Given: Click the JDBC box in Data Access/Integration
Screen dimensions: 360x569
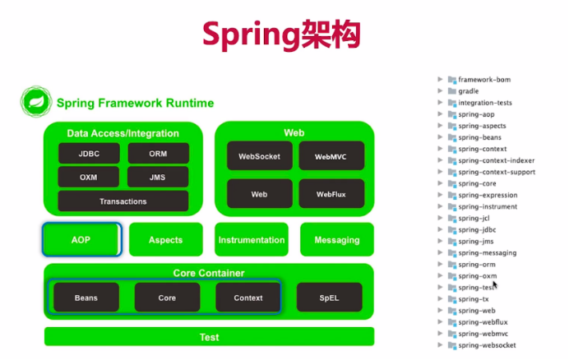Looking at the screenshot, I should pos(89,154).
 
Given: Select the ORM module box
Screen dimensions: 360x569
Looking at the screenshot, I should pos(158,154).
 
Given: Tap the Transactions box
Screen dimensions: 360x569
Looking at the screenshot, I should pos(123,201).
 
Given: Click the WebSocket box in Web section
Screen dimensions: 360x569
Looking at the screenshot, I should pos(259,155).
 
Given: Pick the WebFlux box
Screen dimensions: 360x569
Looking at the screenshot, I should pos(329,194).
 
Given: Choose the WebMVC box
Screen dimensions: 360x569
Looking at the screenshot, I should pos(329,155).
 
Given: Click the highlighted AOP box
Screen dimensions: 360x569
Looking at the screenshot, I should pos(82,240).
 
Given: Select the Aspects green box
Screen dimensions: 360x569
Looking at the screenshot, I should pos(165,240).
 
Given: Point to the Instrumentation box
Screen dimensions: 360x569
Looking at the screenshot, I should pos(252,240).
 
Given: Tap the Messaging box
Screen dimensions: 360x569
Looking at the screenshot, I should pos(337,240).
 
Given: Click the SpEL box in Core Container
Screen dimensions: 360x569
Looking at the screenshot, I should pos(329,298).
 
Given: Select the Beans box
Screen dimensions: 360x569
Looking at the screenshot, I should pos(86,298).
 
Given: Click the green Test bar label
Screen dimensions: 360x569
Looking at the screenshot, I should pos(209,337).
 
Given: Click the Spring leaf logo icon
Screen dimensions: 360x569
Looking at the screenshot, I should pos(36,103).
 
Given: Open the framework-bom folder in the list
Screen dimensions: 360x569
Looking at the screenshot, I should pos(485,80).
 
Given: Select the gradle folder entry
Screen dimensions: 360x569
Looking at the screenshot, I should pos(468,91).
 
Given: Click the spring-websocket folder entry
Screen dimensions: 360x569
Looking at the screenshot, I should pos(487,346).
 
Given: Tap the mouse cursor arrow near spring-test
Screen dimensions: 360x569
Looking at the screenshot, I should pos(495,284).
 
